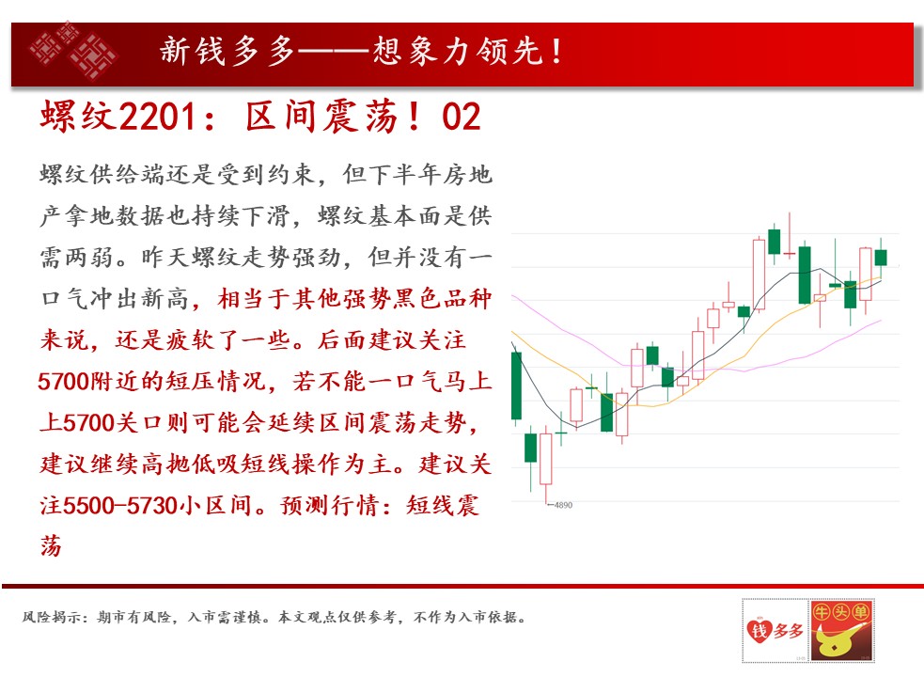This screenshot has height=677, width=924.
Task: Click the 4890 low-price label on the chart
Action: [x=563, y=505]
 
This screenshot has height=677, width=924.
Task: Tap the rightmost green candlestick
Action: [x=881, y=257]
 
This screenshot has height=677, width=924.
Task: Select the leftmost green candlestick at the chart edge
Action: [x=516, y=386]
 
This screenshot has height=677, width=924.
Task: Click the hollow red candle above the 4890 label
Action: [x=546, y=460]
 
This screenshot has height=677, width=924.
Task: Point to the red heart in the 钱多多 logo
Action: [x=759, y=630]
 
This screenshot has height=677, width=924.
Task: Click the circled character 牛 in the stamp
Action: [x=822, y=612]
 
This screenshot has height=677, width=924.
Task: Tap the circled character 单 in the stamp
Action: [x=860, y=612]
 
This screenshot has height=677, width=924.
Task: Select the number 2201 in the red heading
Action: [x=157, y=117]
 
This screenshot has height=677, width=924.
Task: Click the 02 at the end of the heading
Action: [x=462, y=117]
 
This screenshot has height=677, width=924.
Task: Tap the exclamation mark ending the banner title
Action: [x=556, y=51]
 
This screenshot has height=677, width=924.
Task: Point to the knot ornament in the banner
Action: [x=73, y=51]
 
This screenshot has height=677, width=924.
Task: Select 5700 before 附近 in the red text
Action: [x=64, y=382]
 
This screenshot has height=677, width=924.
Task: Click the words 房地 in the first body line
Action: [x=467, y=175]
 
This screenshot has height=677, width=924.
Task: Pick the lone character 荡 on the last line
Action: [x=51, y=546]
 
